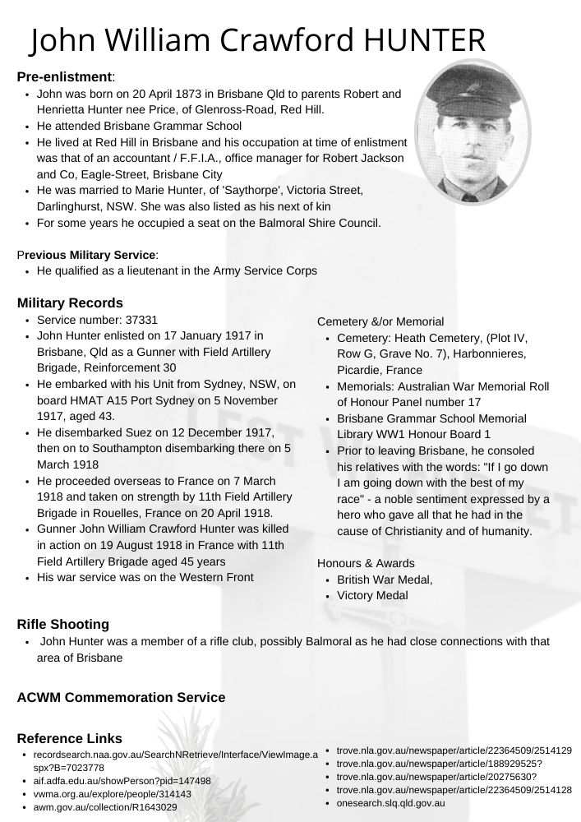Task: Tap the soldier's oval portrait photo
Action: click(473, 132)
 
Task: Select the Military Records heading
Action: click(70, 303)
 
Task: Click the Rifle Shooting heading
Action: click(62, 625)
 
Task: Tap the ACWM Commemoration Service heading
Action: click(121, 698)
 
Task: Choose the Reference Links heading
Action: click(69, 739)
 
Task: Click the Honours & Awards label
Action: click(366, 563)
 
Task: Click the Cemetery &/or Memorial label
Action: click(380, 321)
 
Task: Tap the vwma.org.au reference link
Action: click(112, 794)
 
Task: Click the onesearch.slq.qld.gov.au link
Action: click(391, 802)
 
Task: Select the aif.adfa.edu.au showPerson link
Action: click(122, 781)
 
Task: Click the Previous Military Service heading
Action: click(88, 254)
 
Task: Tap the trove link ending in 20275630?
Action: click(436, 777)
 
